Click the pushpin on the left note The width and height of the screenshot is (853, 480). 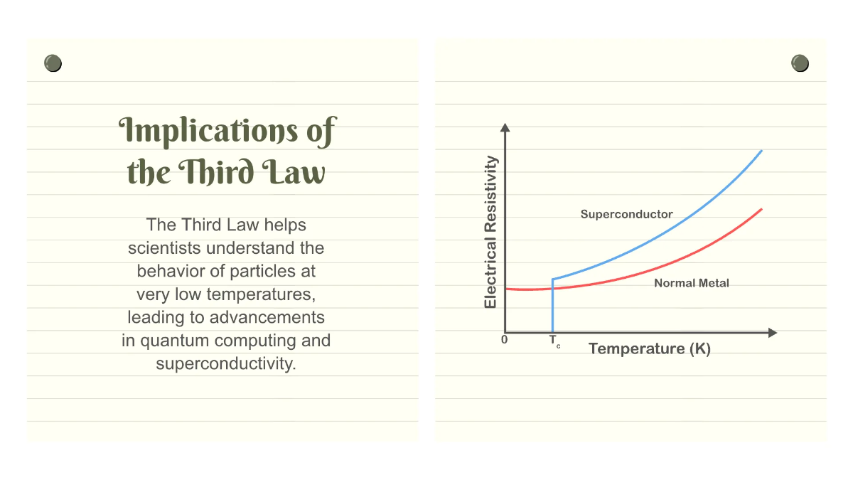pyautogui.click(x=53, y=63)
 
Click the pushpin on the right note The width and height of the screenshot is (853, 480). pyautogui.click(x=800, y=63)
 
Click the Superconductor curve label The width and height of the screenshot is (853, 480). pyautogui.click(x=626, y=214)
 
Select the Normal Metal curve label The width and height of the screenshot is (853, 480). pyautogui.click(x=691, y=283)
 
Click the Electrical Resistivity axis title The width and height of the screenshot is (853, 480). pyautogui.click(x=490, y=233)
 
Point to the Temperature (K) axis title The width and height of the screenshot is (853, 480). pyautogui.click(x=649, y=348)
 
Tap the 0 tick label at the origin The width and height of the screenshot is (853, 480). pyautogui.click(x=504, y=340)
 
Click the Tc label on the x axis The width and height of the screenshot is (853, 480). pyautogui.click(x=554, y=341)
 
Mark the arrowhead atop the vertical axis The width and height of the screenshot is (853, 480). pyautogui.click(x=505, y=128)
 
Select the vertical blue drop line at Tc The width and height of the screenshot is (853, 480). pyautogui.click(x=552, y=306)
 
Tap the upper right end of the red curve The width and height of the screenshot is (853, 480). pyautogui.click(x=761, y=210)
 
